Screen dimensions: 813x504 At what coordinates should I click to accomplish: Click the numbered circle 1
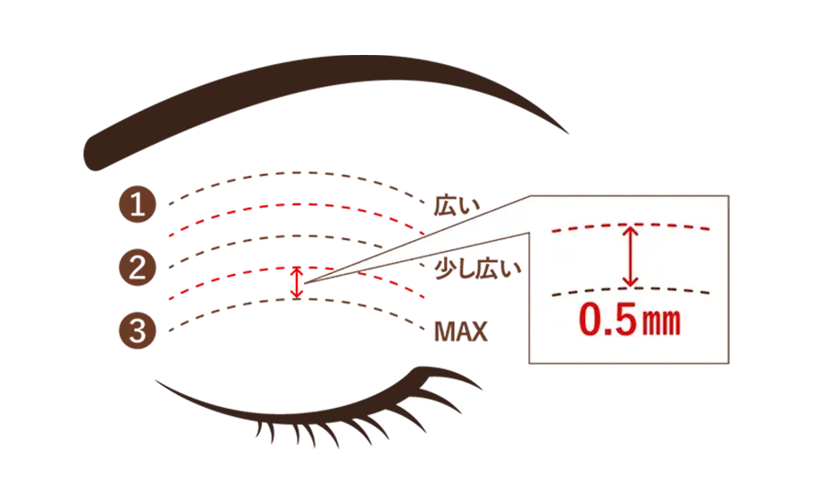pos(137,204)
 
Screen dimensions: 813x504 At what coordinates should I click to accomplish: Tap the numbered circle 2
pos(137,268)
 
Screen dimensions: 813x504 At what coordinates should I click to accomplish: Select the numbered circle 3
pos(137,331)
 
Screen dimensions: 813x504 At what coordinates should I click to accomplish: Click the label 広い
pos(458,205)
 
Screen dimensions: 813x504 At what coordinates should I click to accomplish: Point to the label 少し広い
pos(478,268)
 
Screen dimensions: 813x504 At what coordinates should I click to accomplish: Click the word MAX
pos(461,333)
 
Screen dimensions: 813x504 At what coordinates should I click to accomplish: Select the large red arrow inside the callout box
pos(631,256)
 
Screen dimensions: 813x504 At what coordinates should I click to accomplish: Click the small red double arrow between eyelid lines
pos(296,282)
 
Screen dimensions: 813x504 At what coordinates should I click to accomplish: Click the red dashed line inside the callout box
pos(631,225)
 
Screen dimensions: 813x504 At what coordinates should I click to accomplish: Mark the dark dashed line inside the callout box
pos(631,289)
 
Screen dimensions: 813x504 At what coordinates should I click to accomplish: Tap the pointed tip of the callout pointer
pos(306,283)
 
